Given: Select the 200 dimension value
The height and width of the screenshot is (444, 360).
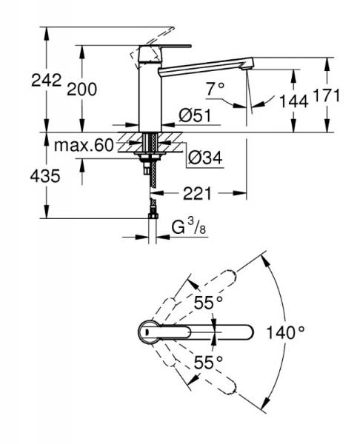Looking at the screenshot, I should (81, 89).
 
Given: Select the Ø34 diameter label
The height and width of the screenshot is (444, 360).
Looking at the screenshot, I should (201, 157).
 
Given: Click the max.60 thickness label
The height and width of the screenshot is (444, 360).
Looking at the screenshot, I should (83, 145).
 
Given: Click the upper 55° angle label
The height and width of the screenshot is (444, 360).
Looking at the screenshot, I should (209, 303).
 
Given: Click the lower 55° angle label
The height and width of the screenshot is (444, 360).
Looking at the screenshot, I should (209, 362).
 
